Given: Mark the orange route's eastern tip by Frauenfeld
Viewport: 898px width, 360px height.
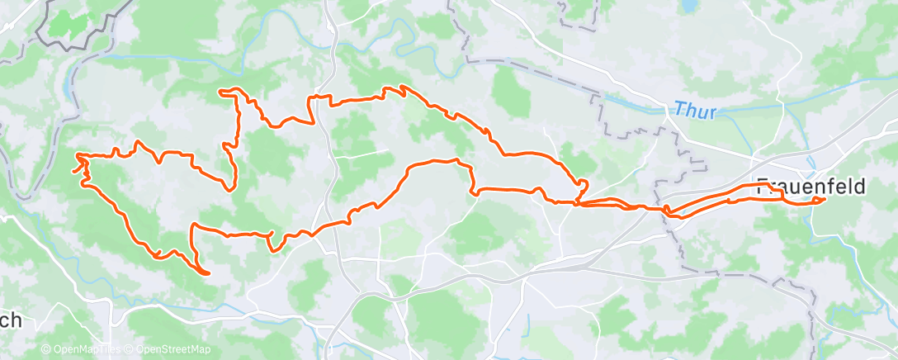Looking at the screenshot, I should [x=825, y=198].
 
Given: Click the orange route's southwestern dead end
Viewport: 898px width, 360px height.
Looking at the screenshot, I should [x=207, y=272].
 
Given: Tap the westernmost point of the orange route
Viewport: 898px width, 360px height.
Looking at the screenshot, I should [x=76, y=155].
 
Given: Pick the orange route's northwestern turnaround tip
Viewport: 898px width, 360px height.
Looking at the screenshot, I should [x=220, y=91].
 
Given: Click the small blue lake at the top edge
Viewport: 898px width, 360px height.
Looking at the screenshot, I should [x=687, y=7].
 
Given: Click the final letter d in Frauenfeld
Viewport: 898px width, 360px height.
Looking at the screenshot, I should [x=859, y=187].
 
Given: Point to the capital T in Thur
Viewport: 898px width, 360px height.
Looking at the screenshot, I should [x=678, y=108].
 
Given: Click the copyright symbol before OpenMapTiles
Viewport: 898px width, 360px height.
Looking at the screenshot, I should [x=46, y=349].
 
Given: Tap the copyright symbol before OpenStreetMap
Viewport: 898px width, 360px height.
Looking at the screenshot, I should [x=130, y=349].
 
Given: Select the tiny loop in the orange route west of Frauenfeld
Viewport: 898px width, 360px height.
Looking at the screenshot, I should [x=667, y=207].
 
